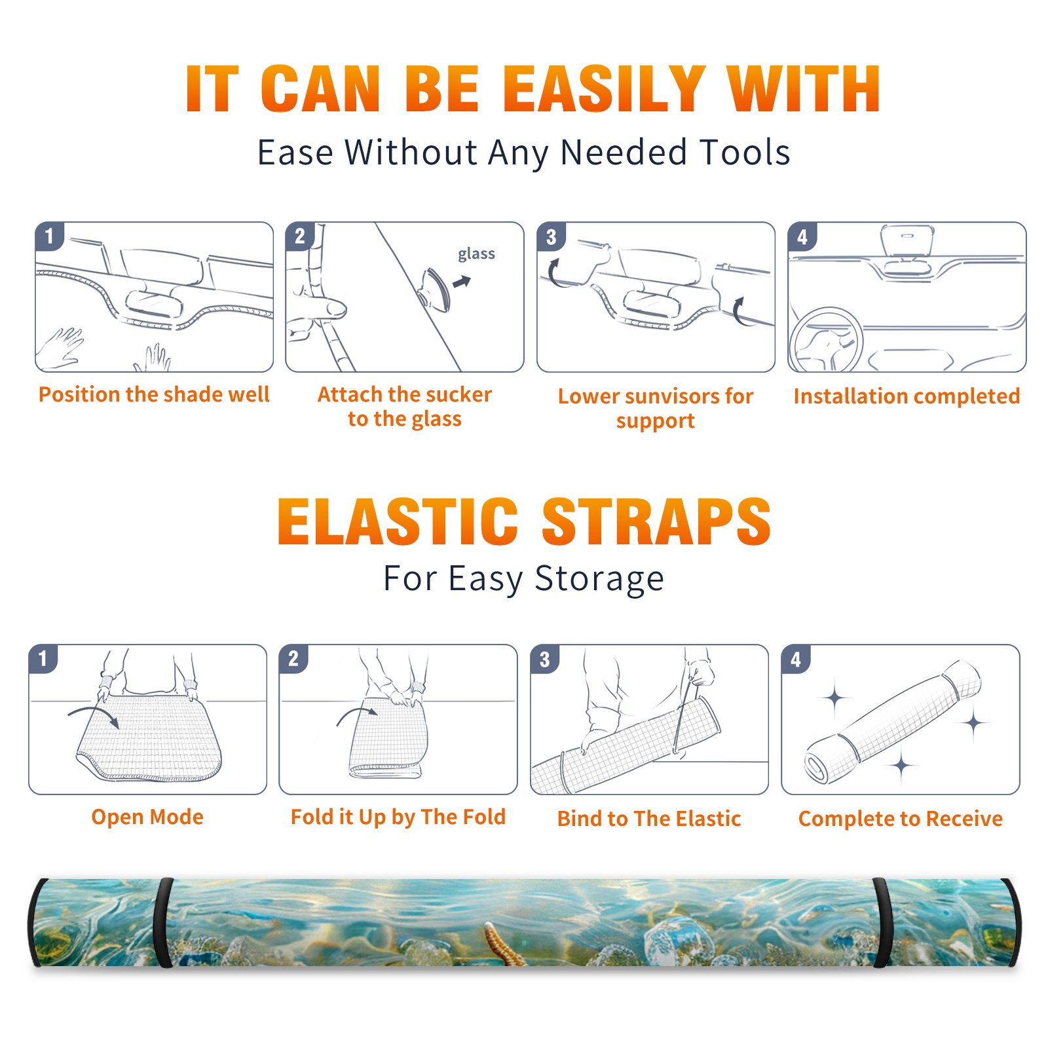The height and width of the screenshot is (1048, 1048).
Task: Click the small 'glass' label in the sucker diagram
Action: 476,254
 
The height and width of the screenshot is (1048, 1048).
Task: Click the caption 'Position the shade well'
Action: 154,394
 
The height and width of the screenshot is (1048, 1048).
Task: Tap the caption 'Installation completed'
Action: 907,396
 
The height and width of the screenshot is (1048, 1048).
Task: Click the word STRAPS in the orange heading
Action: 656,521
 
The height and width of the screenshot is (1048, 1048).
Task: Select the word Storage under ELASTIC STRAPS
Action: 599,580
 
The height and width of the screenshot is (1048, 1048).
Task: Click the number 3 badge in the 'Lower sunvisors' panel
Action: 551,236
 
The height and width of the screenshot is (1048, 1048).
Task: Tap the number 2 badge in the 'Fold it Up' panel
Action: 293,659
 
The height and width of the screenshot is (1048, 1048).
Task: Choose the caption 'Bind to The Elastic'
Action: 648,819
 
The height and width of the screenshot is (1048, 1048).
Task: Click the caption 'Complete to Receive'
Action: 900,819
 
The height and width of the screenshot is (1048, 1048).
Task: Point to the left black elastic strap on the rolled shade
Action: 162,922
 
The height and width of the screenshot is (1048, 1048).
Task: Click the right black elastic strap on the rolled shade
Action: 882,922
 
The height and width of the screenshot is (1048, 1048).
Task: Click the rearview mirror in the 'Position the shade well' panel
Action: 153,302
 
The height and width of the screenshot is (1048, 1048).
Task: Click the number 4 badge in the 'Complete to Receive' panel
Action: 796,659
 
